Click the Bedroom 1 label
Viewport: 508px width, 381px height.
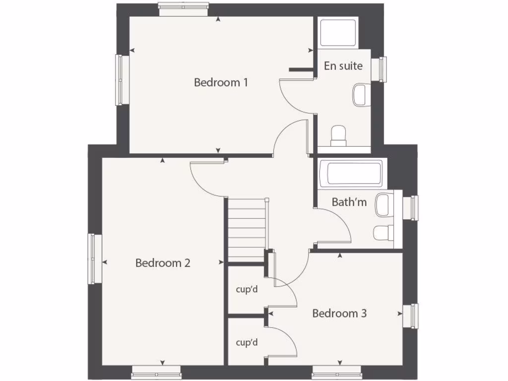(221, 82)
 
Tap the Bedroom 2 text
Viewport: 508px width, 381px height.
(163, 263)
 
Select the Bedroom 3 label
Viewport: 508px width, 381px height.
(339, 314)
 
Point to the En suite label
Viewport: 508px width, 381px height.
(343, 66)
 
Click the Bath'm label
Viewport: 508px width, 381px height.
(349, 202)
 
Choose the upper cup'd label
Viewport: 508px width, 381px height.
(247, 289)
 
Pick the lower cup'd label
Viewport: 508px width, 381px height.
(247, 342)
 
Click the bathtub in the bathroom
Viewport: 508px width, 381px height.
(351, 173)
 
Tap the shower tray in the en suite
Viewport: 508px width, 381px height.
(338, 33)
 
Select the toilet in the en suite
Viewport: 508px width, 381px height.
(338, 135)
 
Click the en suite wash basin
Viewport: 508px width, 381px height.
(361, 94)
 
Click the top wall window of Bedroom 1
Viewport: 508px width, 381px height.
(184, 6)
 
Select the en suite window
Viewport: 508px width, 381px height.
(382, 69)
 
